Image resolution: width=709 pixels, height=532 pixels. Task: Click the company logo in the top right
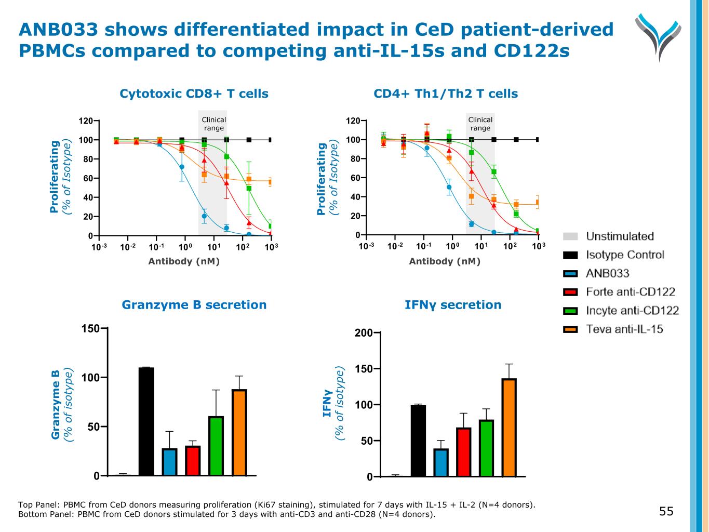point(658,36)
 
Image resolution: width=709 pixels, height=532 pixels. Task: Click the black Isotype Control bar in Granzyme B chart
point(146,421)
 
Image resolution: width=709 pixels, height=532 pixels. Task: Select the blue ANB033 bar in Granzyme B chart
point(169,462)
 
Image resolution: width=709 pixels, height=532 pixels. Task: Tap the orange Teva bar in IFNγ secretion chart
point(509,428)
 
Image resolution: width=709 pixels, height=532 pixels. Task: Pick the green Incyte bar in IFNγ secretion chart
point(486,448)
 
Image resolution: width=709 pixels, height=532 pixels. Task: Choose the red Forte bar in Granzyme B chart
point(193,461)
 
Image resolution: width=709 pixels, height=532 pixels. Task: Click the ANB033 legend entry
point(607,273)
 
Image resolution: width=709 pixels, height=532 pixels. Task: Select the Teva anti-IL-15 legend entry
point(624,329)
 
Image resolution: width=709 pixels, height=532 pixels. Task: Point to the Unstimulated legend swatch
point(570,236)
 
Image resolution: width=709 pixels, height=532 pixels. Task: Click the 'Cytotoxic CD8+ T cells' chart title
point(194,94)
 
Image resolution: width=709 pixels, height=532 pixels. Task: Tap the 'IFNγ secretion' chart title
point(453,305)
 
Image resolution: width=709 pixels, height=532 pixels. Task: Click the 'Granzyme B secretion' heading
point(194,305)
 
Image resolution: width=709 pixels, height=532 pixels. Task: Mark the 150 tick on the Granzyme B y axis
point(92,328)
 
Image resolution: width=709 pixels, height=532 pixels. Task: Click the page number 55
point(666,511)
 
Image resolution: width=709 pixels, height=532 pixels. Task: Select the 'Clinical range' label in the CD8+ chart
point(213,124)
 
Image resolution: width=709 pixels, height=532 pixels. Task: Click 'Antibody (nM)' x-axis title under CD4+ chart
point(445,261)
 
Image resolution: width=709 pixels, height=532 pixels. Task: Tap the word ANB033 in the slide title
point(58,30)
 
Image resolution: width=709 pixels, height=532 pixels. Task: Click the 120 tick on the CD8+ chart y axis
point(86,121)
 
